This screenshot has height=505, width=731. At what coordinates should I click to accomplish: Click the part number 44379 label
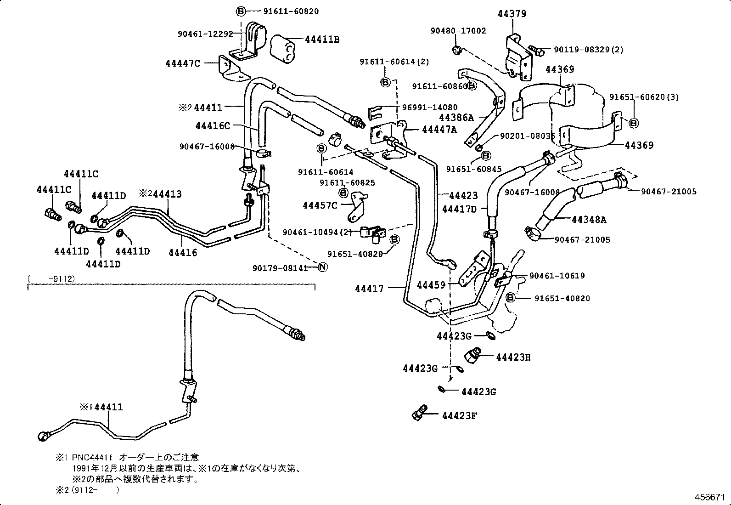(512, 14)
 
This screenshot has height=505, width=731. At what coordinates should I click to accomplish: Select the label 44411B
(322, 40)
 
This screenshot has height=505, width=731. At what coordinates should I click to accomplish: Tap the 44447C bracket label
(183, 63)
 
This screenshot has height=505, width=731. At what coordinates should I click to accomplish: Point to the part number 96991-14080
(430, 108)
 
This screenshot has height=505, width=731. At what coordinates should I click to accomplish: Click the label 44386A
(456, 118)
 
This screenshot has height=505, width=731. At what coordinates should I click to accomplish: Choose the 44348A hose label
(589, 220)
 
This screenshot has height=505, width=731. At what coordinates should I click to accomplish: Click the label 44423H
(513, 357)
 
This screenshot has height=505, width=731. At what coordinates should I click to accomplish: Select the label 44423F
(460, 416)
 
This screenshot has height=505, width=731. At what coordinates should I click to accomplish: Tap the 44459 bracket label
(431, 285)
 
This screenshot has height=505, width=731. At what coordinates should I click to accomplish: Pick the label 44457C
(320, 205)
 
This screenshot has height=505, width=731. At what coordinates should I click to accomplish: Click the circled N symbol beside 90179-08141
(323, 267)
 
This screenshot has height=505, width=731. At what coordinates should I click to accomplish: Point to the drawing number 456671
(710, 498)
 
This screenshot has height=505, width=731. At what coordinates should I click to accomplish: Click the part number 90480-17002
(458, 31)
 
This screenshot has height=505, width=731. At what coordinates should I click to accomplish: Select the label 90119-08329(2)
(589, 50)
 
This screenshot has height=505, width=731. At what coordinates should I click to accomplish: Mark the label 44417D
(460, 209)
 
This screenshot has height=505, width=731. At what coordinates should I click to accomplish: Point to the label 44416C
(212, 125)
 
